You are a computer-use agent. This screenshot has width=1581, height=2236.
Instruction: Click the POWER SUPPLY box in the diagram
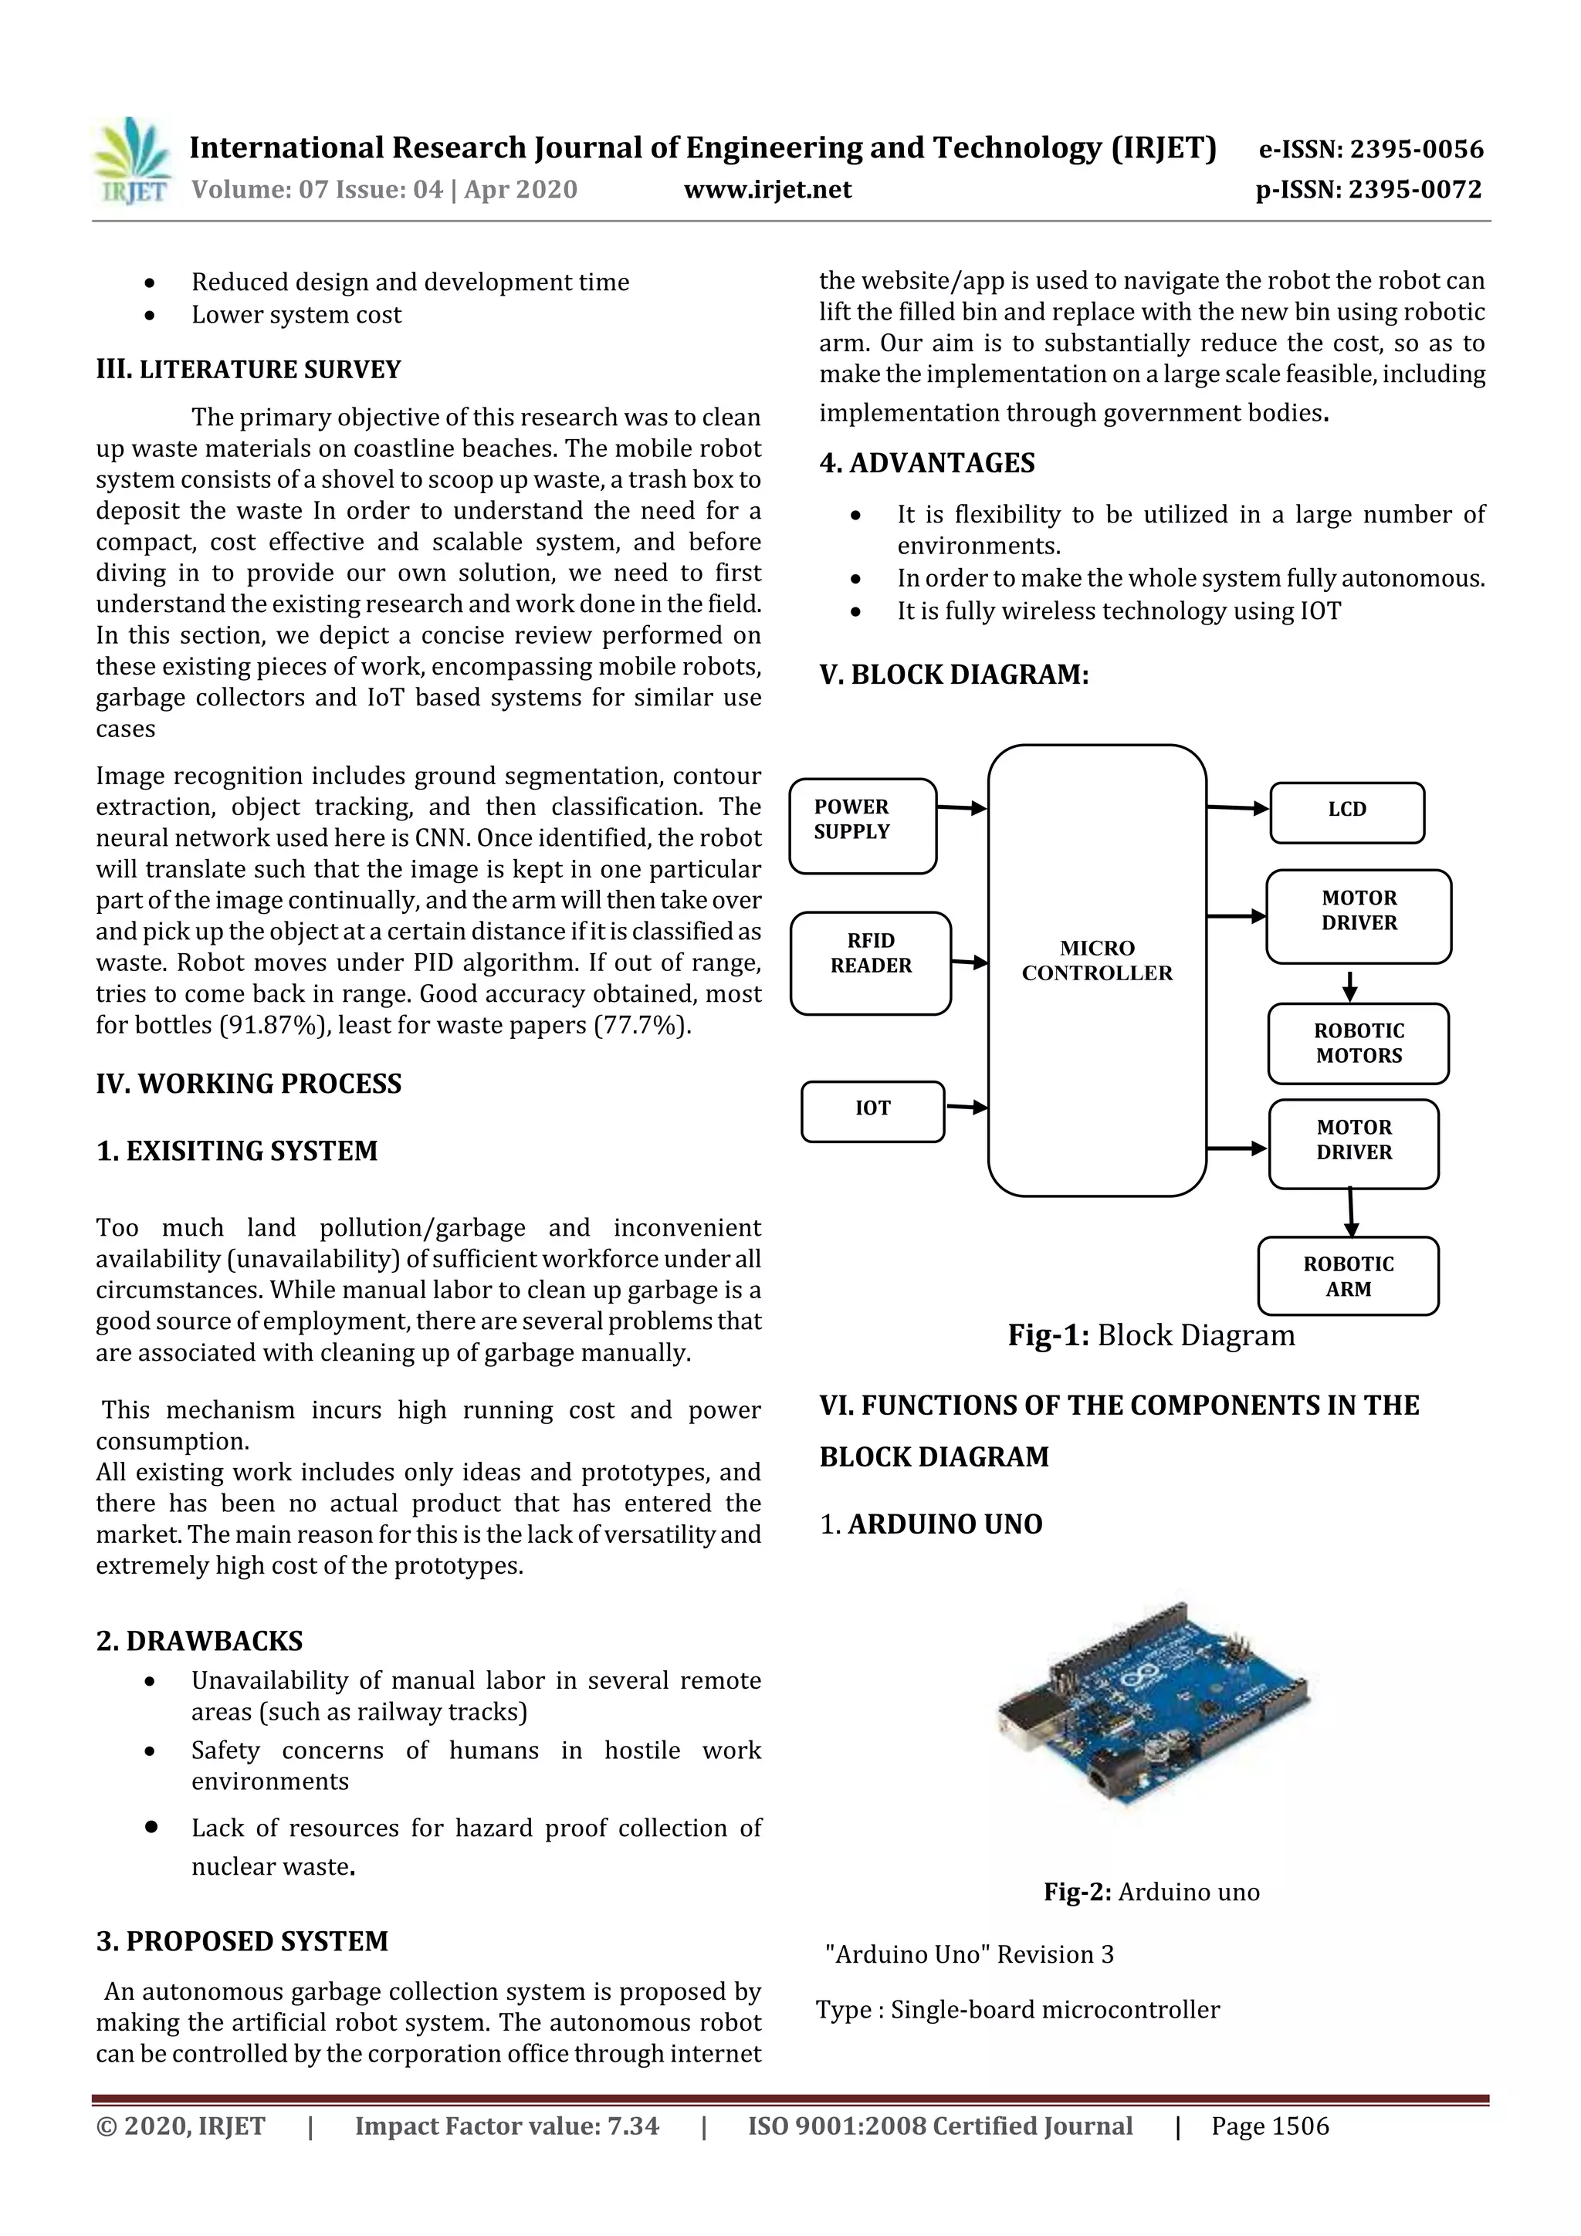coord(862,825)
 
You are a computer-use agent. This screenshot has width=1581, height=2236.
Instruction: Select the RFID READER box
coord(870,962)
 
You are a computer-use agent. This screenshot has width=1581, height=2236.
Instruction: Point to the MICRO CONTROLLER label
coord(1097,960)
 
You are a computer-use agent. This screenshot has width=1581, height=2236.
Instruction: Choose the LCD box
coord(1346,812)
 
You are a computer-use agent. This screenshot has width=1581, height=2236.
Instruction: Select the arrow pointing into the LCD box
coord(1237,807)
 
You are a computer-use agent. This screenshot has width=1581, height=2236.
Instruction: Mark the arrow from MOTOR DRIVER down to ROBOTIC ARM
coord(1350,1213)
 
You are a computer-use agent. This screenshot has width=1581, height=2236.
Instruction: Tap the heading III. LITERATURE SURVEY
coord(249,370)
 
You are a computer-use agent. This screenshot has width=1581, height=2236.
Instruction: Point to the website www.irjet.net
coord(767,190)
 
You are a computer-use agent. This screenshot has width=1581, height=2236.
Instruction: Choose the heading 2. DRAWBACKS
coord(200,1641)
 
